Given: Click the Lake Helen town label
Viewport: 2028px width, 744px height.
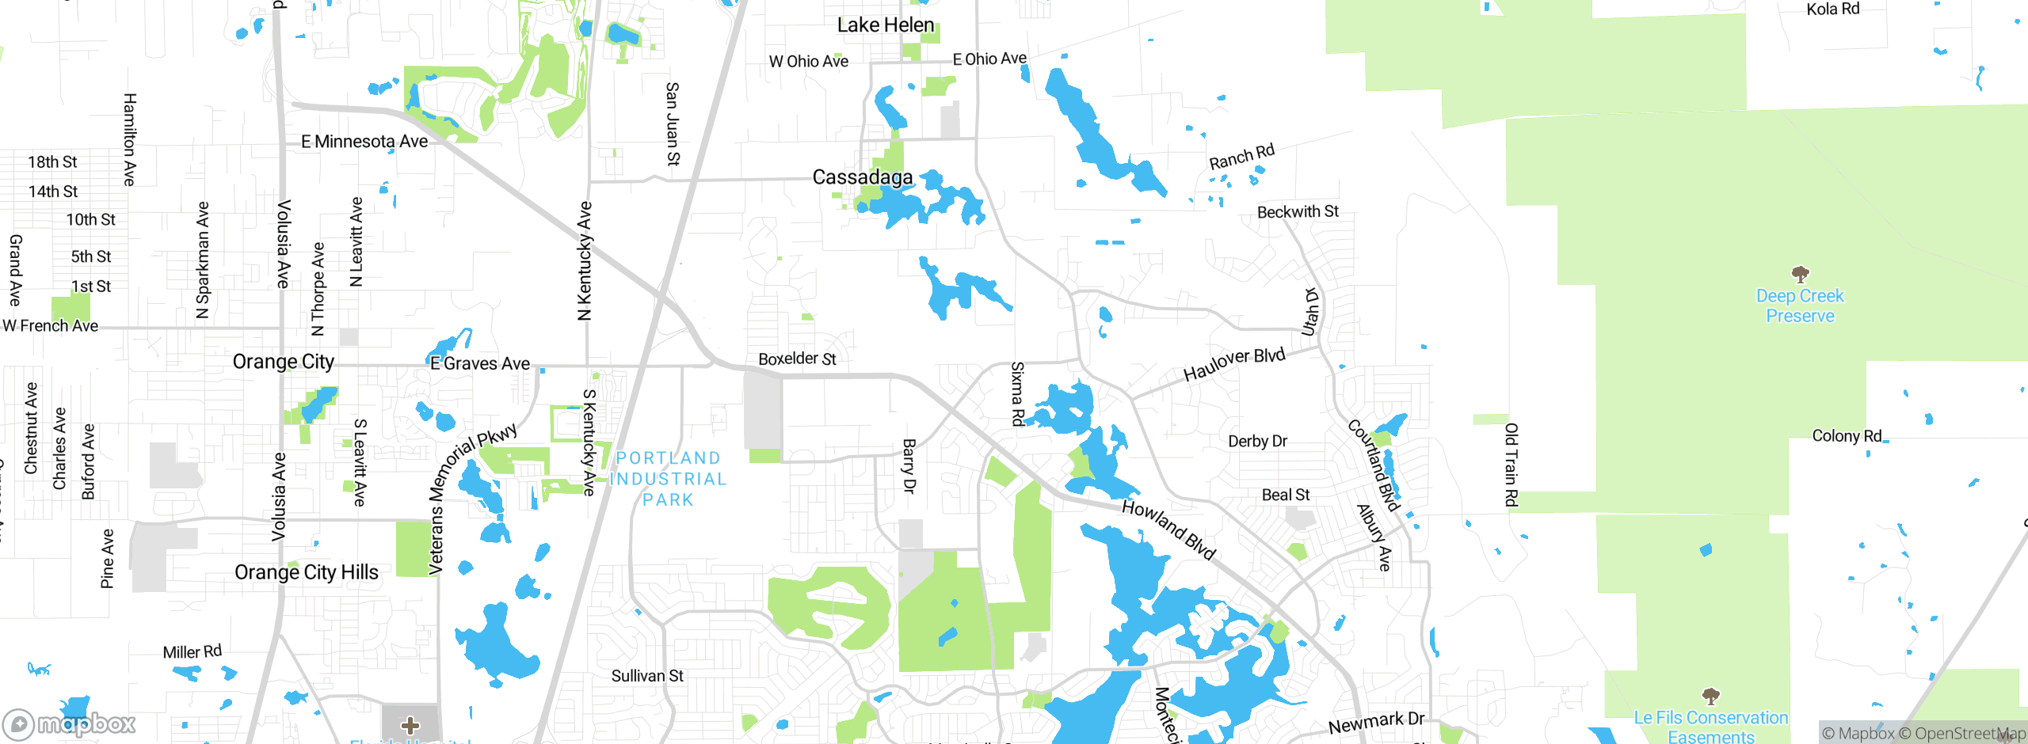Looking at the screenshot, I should (x=885, y=25).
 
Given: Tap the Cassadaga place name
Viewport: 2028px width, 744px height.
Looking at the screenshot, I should (x=862, y=177).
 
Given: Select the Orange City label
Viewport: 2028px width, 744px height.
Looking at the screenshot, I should (x=283, y=362).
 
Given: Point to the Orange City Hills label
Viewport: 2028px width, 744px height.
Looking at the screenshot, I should (x=306, y=572).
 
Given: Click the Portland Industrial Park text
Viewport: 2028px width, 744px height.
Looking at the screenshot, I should (x=668, y=479).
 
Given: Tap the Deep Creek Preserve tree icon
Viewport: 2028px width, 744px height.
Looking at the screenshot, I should (x=1800, y=275).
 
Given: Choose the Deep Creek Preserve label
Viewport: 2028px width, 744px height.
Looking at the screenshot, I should (x=1800, y=306).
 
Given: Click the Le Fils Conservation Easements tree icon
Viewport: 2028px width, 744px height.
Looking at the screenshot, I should (x=1710, y=697).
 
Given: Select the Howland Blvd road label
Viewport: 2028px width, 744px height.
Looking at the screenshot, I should (x=1168, y=530).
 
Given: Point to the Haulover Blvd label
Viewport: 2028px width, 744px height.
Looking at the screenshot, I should (x=1233, y=364).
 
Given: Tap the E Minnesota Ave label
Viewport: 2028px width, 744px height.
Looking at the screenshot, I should (x=364, y=142).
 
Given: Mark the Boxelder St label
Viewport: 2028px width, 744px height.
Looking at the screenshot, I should (x=797, y=359).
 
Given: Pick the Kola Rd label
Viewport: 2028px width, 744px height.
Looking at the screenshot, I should (x=1832, y=9).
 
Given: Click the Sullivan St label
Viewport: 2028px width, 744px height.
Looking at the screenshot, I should (x=646, y=676).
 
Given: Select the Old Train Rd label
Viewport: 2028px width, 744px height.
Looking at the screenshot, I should (x=1511, y=465).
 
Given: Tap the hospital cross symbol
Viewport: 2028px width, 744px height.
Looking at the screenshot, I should (x=410, y=725).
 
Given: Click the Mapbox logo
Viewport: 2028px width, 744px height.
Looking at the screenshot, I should (x=70, y=723).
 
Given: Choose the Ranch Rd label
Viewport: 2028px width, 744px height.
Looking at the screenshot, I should (x=1241, y=156).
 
